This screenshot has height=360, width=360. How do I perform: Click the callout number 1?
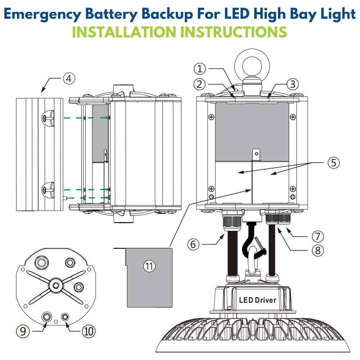(201, 68)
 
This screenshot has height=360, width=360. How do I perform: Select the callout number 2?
(201, 84)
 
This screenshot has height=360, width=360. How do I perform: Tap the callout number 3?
(292, 84)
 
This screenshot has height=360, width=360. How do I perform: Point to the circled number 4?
(69, 78)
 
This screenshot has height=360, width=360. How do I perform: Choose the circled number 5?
(333, 163)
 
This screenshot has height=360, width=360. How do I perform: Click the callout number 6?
(193, 244)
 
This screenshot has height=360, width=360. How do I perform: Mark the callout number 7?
(318, 237)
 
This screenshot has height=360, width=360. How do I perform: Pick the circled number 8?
(318, 250)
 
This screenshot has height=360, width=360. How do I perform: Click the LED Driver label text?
(257, 300)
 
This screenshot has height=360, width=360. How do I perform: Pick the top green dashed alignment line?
(86, 117)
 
